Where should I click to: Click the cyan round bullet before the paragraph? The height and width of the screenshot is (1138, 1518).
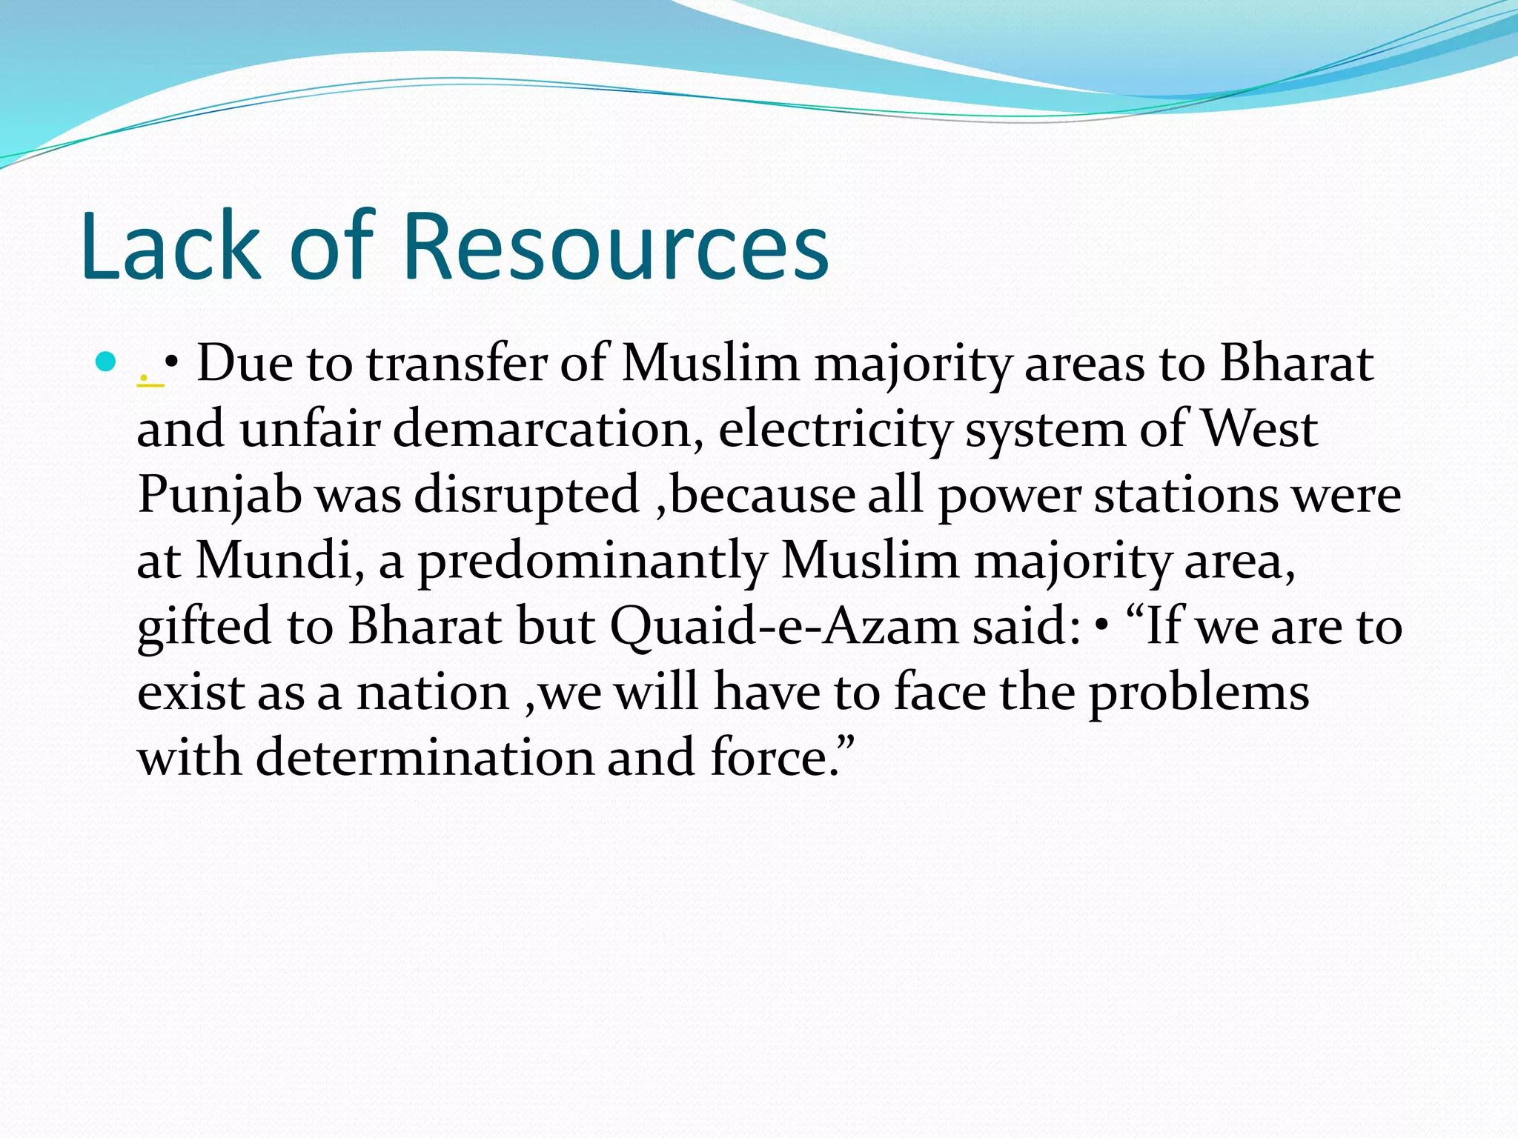(107, 362)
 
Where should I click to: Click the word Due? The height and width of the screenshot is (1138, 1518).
(244, 364)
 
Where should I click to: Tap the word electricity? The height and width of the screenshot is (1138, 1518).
(834, 430)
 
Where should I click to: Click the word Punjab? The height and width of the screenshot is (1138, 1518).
(219, 496)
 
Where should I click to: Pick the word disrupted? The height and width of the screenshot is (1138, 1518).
(526, 496)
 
